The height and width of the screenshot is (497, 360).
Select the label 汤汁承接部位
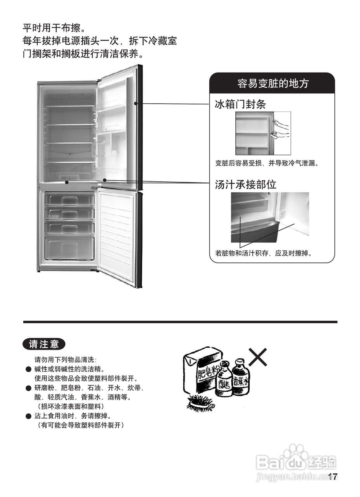pos(245,184)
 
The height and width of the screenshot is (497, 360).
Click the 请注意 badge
pos(44,344)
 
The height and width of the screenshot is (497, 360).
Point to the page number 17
pos(333,477)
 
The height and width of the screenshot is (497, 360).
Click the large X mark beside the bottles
pos(257,357)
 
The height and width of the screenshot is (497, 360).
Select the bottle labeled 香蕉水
pos(241,377)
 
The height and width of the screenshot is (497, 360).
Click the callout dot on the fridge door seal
pos(136,104)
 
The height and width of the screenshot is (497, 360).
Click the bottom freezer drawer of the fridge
pos(70,248)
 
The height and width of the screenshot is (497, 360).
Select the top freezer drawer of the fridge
pos(70,200)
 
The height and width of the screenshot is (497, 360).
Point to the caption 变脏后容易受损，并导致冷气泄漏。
pos(267,163)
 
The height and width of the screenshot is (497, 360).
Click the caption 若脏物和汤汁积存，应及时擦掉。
pos(264,254)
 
